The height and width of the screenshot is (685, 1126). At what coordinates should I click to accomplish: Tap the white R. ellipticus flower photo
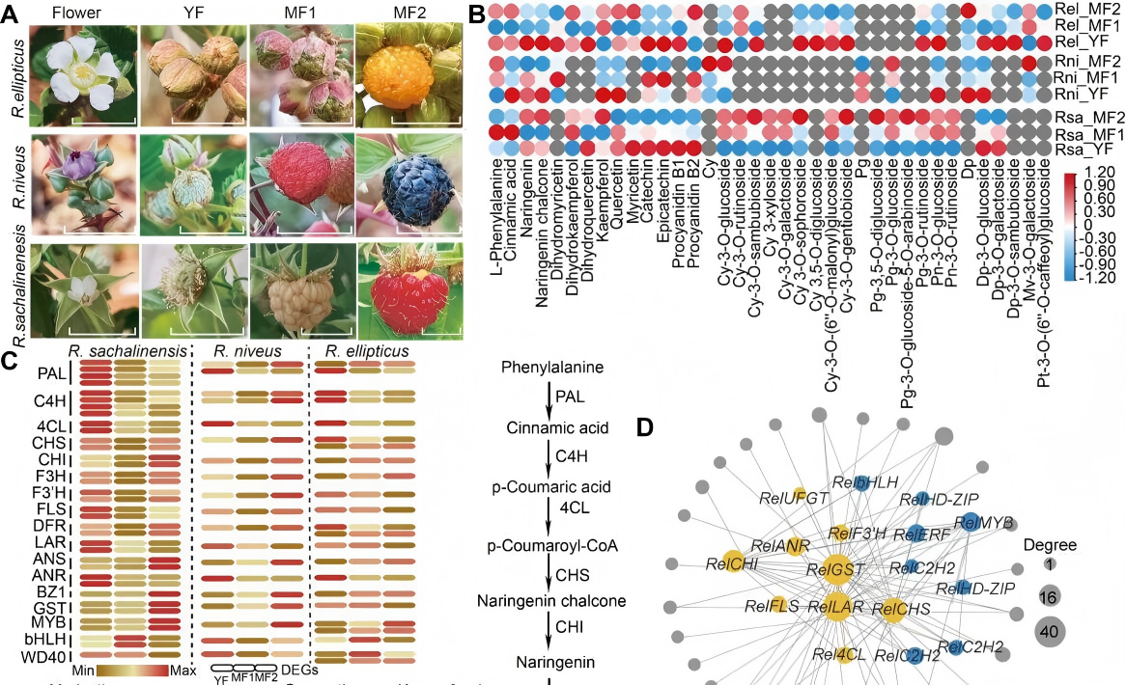click(x=83, y=76)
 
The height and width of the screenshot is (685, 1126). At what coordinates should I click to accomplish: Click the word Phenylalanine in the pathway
click(x=548, y=368)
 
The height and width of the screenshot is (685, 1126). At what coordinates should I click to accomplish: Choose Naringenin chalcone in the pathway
click(x=551, y=600)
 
